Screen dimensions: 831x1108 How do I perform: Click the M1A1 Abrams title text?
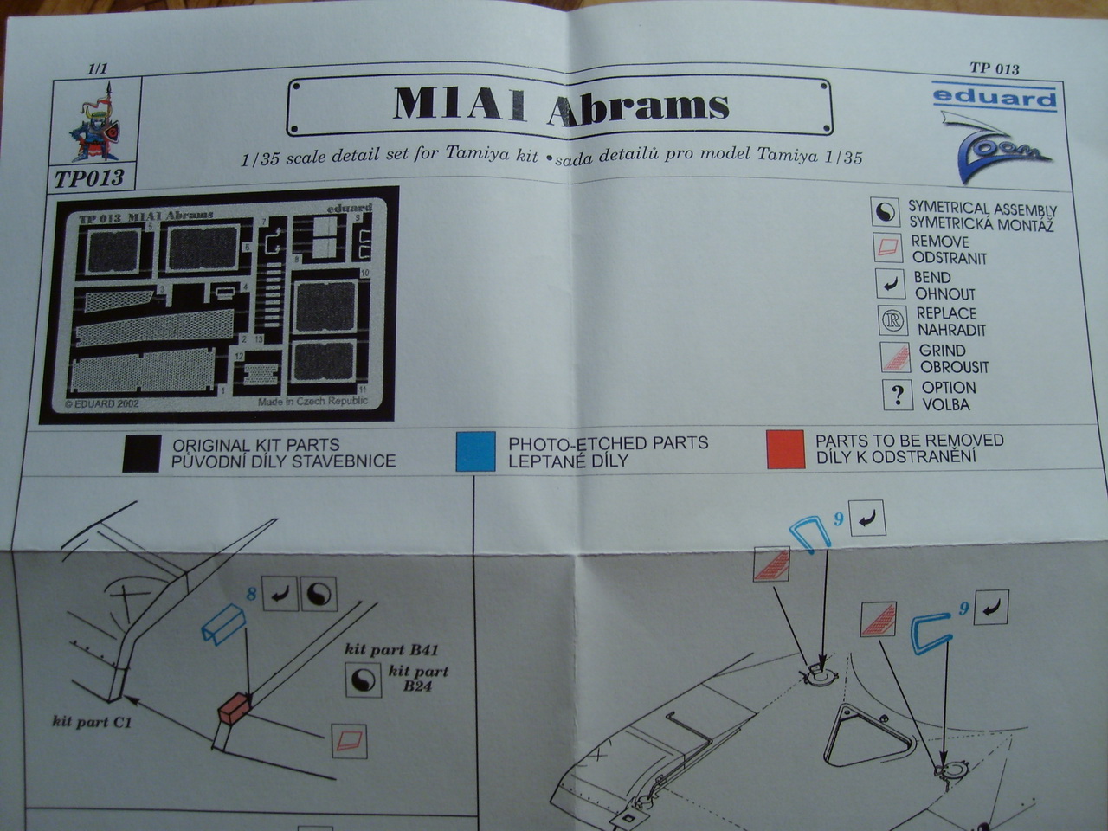[560, 105]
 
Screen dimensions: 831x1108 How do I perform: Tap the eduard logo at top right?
[995, 97]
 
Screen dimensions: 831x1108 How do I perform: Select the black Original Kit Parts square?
[141, 452]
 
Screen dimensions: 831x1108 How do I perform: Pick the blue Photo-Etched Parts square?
[476, 451]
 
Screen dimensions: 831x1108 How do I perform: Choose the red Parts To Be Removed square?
[786, 448]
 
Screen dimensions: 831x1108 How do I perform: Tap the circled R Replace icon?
[892, 321]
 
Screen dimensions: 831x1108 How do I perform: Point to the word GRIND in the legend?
[942, 350]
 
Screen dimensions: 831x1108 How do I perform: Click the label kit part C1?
[92, 720]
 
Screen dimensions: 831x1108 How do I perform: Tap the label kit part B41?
[397, 649]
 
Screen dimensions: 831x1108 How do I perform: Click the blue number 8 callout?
[251, 594]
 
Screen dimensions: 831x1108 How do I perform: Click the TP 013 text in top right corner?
[994, 68]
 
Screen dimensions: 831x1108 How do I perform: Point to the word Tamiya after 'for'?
[480, 156]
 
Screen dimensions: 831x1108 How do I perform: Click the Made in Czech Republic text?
[312, 402]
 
